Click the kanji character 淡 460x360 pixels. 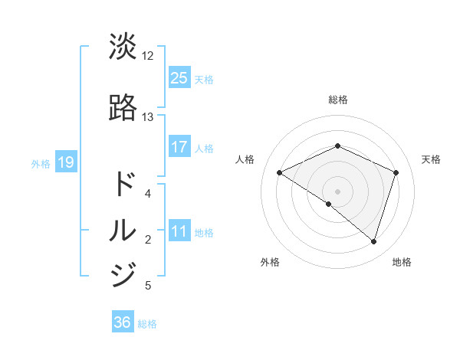(x=123, y=47)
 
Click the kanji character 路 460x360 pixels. (x=123, y=108)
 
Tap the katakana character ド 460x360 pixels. (x=123, y=184)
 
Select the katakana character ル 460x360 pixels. (x=123, y=230)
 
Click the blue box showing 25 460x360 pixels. (x=179, y=78)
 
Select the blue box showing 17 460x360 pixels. (x=179, y=147)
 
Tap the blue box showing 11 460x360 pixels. (x=179, y=232)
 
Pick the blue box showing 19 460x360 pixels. (x=65, y=162)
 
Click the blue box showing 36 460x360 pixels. (x=123, y=322)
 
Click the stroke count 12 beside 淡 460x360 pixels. (x=148, y=56)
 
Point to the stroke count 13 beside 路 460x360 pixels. (x=148, y=117)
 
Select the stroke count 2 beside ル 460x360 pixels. (x=148, y=240)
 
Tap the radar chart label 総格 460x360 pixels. (x=338, y=100)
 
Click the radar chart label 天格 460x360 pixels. (x=432, y=159)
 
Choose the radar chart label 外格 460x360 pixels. (x=270, y=262)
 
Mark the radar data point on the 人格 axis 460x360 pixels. (x=280, y=172)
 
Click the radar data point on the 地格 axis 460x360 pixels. (x=373, y=241)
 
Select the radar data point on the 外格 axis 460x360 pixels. (x=329, y=204)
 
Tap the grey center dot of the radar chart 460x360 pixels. (x=338, y=191)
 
